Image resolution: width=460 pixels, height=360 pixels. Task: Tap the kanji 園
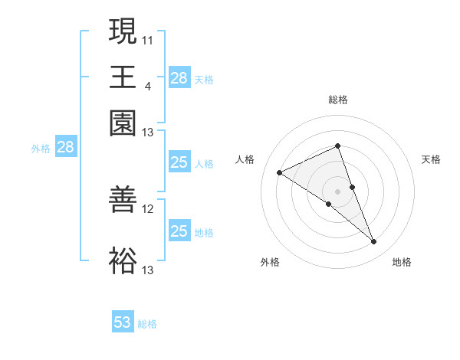coord(123,122)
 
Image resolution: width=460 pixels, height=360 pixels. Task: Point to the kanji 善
coord(123,198)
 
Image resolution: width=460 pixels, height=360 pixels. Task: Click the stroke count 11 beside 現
coord(148,40)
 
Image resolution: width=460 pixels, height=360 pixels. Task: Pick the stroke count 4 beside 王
coord(147,86)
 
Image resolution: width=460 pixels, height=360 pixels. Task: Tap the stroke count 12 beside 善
coord(148,208)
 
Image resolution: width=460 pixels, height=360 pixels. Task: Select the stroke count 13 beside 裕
coord(148,270)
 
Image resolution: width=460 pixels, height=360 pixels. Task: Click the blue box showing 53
coord(123,322)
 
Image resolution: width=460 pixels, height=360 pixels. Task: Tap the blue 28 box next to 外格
coord(65,148)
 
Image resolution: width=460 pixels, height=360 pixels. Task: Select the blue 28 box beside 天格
coord(179,78)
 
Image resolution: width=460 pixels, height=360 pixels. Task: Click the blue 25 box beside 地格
coord(179,231)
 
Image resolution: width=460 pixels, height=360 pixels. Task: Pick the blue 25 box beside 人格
coord(179,162)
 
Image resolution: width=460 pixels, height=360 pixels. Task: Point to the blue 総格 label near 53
coord(147,324)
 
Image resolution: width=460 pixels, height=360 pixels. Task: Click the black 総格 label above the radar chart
coord(337,100)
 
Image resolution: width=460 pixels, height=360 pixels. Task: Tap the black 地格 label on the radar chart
coord(402,262)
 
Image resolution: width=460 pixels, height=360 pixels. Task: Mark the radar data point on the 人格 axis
coord(280,173)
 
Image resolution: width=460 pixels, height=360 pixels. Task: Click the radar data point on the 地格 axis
coord(374,242)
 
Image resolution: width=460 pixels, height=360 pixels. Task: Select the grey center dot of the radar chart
coord(337,191)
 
